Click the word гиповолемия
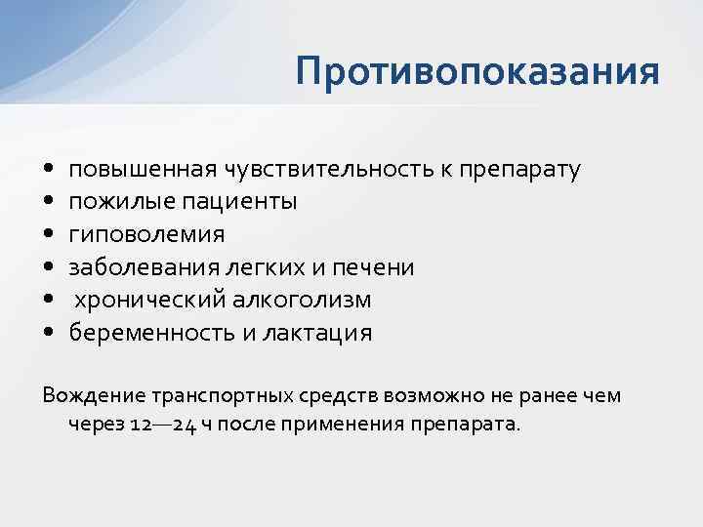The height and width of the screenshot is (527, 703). coord(146,235)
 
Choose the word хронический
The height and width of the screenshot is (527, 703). coord(145,301)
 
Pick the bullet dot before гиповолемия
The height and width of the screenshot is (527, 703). coord(49,235)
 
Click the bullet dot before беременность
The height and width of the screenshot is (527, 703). coord(49,333)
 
